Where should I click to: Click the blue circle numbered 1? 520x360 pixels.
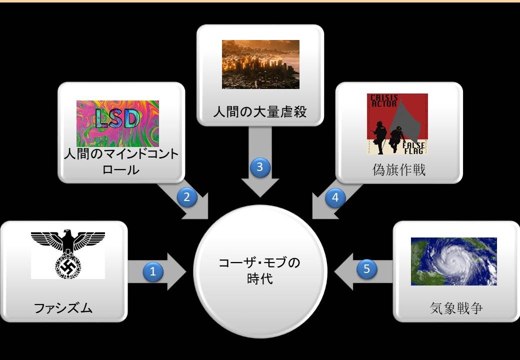click(153, 272)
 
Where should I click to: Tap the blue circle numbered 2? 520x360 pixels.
click(186, 197)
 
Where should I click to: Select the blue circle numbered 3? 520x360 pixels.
click(260, 167)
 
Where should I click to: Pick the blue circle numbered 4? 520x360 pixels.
click(335, 197)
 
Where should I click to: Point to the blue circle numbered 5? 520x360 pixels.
click(366, 268)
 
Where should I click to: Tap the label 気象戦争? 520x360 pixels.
click(456, 308)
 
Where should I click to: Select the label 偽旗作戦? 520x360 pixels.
click(399, 170)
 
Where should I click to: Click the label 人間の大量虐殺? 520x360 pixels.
click(260, 112)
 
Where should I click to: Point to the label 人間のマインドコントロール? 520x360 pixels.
click(121, 162)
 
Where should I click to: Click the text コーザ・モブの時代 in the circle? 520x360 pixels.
click(259, 270)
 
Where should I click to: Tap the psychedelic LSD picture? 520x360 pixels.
click(117, 123)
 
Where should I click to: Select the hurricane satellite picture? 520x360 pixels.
click(453, 261)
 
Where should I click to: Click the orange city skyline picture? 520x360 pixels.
click(260, 64)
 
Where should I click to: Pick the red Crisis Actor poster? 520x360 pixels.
click(397, 124)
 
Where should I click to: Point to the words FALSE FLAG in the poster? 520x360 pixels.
click(413, 148)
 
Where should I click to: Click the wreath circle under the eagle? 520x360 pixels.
click(68, 266)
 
